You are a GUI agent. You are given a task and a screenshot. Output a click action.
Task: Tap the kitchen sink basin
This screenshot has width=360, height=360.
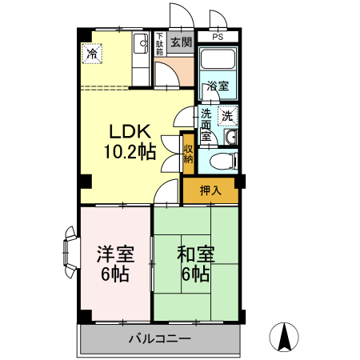pos(138,43)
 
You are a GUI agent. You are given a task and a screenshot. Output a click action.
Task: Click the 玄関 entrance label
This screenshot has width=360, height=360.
pos(181,42)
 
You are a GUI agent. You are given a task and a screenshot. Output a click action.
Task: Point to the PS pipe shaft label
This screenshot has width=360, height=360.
pos(218,38)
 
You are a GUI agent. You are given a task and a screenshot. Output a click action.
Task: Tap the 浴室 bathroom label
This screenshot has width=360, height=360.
pos(218,85)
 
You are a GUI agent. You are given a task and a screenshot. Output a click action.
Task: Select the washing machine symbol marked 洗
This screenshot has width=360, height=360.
pos(228,115)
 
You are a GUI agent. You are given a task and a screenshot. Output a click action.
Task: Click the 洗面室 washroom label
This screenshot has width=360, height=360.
pos(206,125)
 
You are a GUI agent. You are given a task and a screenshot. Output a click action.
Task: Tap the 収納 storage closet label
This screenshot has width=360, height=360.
pos(188,152)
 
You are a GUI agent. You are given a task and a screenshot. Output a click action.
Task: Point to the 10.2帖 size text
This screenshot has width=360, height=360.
pos(129,150)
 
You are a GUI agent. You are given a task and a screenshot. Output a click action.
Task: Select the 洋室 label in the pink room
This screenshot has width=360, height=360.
pos(115,255)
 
